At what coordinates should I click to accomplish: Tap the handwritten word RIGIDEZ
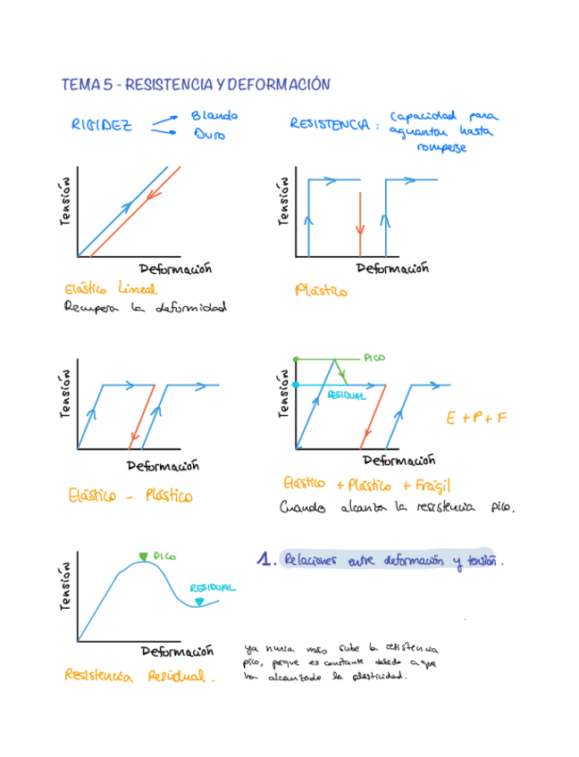tap(102, 126)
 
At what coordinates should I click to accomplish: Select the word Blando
tap(214, 116)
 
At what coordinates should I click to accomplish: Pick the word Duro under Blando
tap(209, 135)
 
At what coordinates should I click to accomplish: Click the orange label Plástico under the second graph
tap(321, 291)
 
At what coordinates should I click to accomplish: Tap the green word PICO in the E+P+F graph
tap(373, 357)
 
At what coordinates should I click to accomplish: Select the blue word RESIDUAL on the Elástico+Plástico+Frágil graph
tap(346, 395)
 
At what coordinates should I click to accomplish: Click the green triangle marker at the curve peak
tap(143, 558)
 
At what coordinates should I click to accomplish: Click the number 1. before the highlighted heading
tap(264, 560)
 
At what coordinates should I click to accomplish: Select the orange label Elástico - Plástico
tap(130, 495)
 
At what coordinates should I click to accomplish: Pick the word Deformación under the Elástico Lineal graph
tap(175, 269)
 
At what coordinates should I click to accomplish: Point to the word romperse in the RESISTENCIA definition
tap(441, 148)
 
